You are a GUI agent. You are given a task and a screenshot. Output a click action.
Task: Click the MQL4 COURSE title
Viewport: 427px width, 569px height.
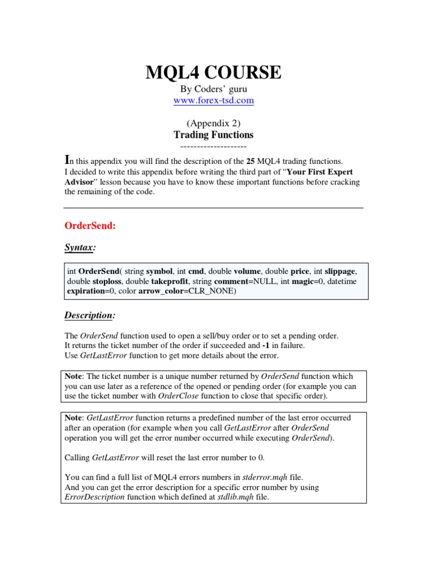[x=213, y=72]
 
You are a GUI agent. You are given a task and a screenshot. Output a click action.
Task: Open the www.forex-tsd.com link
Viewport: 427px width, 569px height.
[x=213, y=101]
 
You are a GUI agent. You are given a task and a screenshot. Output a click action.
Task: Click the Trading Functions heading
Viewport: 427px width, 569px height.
[x=213, y=134]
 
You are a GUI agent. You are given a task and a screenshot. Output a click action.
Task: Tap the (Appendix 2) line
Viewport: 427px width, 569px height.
[x=213, y=123]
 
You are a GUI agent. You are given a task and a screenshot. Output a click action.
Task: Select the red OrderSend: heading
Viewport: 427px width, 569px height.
[x=90, y=226]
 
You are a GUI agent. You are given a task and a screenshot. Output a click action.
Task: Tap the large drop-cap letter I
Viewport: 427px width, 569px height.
[x=68, y=159]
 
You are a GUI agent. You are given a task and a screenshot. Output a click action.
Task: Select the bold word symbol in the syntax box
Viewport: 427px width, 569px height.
[x=160, y=271]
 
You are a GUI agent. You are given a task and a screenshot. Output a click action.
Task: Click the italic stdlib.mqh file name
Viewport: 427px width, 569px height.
[x=235, y=497]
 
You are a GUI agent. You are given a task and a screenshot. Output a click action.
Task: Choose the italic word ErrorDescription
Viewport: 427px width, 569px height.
[x=95, y=497]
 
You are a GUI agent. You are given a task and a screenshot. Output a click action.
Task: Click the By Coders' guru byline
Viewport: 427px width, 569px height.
[x=213, y=89]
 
